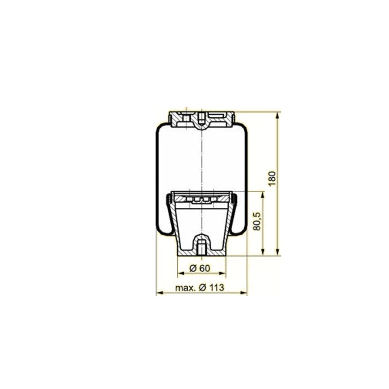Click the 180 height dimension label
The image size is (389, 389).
pyautogui.click(x=273, y=178)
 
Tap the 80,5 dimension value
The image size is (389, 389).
pyautogui.click(x=257, y=222)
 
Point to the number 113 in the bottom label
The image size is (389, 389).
pyautogui.click(x=217, y=288)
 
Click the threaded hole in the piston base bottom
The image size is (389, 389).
pyautogui.click(x=201, y=247)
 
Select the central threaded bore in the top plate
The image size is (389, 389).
pyautogui.click(x=201, y=119)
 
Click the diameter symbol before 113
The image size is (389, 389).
pyautogui.click(x=203, y=288)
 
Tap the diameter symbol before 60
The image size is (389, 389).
pyautogui.click(x=192, y=268)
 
